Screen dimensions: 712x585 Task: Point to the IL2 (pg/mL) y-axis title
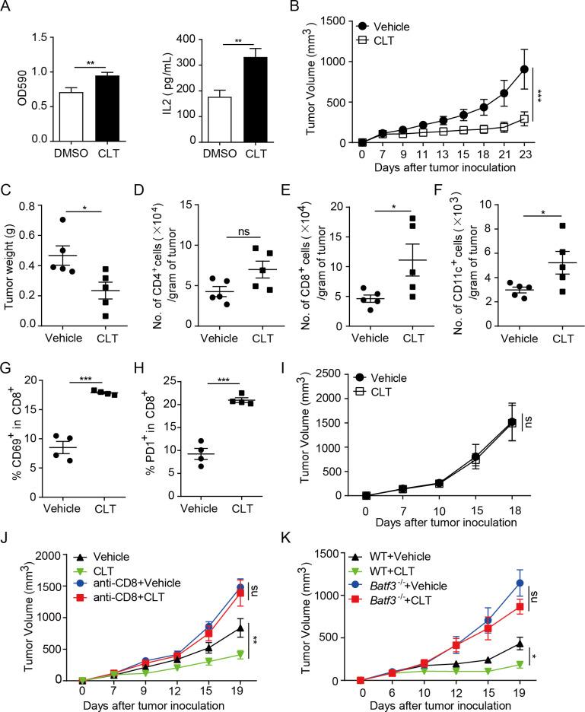pyautogui.click(x=173, y=82)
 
